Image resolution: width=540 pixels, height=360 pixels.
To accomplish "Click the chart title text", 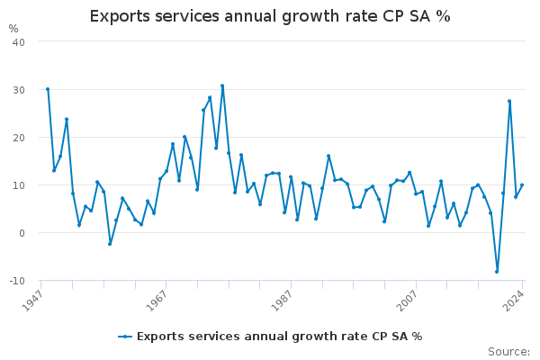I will (270, 17).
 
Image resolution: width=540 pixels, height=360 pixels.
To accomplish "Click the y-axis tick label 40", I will (18, 42).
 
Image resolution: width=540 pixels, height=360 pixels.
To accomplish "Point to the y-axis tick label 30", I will (18, 90).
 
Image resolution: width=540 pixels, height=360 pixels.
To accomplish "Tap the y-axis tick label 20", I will (18, 138).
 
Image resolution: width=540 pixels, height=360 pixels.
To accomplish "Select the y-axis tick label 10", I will (18, 185).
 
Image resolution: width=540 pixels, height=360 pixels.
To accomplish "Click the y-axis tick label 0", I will (21, 233).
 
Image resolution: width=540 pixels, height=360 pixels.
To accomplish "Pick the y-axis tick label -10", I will (15, 281).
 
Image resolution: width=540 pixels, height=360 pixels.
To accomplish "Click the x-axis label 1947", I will (37, 298).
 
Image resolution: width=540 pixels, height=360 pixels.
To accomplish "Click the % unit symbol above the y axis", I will (13, 29).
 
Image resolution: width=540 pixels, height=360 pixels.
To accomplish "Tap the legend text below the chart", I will (279, 337).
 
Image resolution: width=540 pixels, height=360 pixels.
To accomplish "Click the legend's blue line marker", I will (125, 337).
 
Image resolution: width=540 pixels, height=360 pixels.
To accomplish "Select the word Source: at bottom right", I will (508, 352).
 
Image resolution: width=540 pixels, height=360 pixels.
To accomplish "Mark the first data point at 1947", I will (48, 89).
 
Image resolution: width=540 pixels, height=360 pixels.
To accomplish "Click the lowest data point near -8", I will (497, 271).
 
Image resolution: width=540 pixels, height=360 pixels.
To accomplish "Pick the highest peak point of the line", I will (222, 86).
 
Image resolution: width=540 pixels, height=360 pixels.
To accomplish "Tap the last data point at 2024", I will (522, 185).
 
